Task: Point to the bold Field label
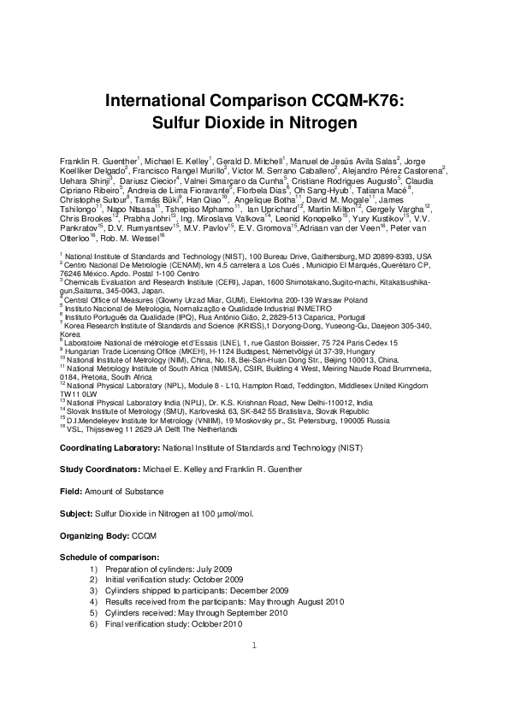pos(69,492)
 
